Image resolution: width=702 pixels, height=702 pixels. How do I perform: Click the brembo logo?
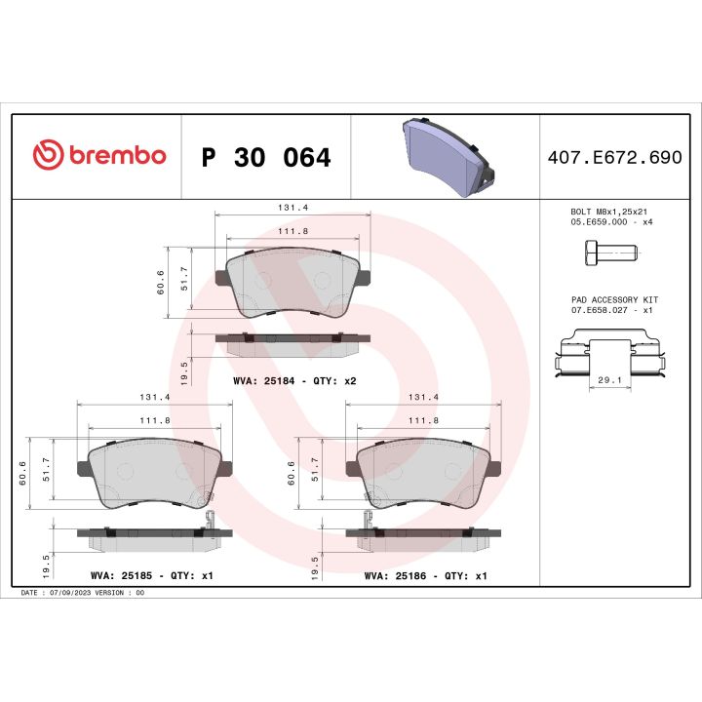pyautogui.click(x=99, y=156)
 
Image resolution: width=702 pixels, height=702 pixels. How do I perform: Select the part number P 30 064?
pyautogui.click(x=265, y=157)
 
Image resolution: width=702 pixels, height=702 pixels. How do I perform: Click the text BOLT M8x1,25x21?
pyautogui.click(x=608, y=211)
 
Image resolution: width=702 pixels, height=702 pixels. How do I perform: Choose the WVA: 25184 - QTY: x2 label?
pyautogui.click(x=294, y=381)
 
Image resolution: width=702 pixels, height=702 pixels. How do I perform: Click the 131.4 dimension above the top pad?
pyautogui.click(x=292, y=208)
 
